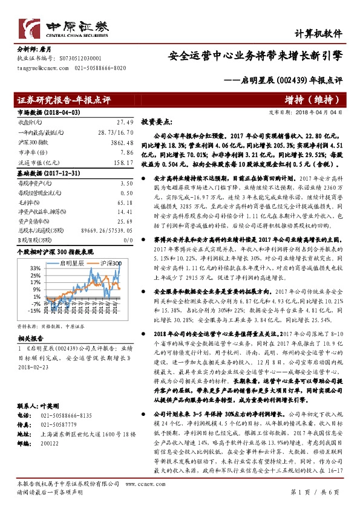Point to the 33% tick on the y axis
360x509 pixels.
coord(34,268)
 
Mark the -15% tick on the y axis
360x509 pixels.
coord(33,310)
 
